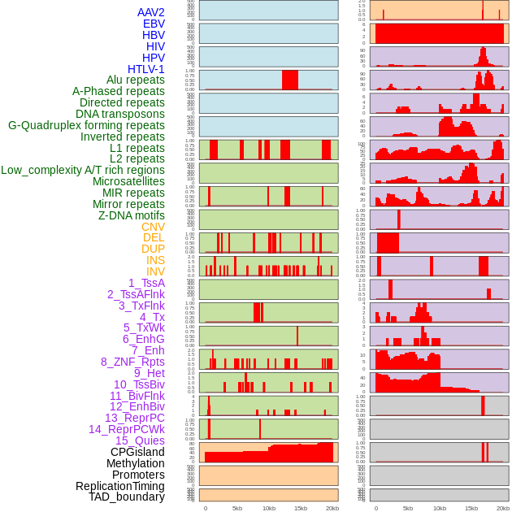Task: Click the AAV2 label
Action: pyautogui.click(x=151, y=12)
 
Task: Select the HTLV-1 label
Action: pyautogui.click(x=146, y=69)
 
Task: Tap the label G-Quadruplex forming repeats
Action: pyautogui.click(x=86, y=125)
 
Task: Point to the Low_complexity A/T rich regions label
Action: pyautogui.click(x=83, y=170)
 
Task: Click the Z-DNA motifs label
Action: pyautogui.click(x=132, y=215)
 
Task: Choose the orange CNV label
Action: pyautogui.click(x=153, y=227)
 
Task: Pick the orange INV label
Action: pyautogui.click(x=155, y=271)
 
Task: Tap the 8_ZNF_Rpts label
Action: pyautogui.click(x=132, y=362)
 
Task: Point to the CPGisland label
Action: pyautogui.click(x=137, y=452)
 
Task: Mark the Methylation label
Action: pyautogui.click(x=135, y=463)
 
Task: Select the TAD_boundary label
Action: pyautogui.click(x=127, y=497)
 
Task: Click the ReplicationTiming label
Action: pyautogui.click(x=120, y=486)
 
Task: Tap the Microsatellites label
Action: pyautogui.click(x=128, y=181)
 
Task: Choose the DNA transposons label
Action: pyautogui.click(x=120, y=114)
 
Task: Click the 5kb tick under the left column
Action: pyautogui.click(x=237, y=508)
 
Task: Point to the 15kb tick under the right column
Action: pyautogui.click(x=471, y=508)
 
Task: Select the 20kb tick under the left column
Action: pyautogui.click(x=332, y=508)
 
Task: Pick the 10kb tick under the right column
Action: pyautogui.click(x=440, y=508)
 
